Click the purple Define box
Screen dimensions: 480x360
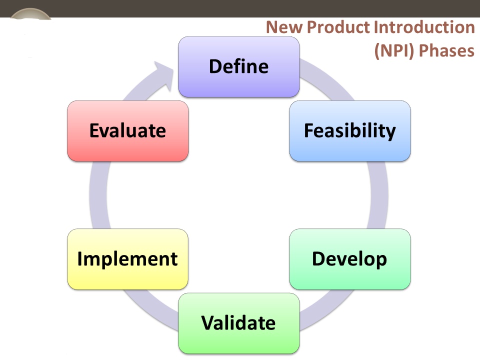click(x=239, y=66)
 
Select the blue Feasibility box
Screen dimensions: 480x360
click(x=350, y=131)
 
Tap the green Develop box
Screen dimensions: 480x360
click(x=350, y=259)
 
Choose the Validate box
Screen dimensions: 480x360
click(x=239, y=323)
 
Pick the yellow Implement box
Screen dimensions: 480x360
click(x=127, y=259)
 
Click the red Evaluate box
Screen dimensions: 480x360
click(x=127, y=131)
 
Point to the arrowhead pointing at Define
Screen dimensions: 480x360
click(x=165, y=75)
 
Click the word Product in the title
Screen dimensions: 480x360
click(x=338, y=27)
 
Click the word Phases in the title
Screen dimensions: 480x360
click(x=446, y=50)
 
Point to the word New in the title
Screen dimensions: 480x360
click(x=284, y=27)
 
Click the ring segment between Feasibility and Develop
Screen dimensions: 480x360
click(x=379, y=195)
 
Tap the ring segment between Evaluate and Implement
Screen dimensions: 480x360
click(x=98, y=195)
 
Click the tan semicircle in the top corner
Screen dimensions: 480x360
click(x=30, y=14)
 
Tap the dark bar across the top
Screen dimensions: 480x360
click(x=240, y=8)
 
